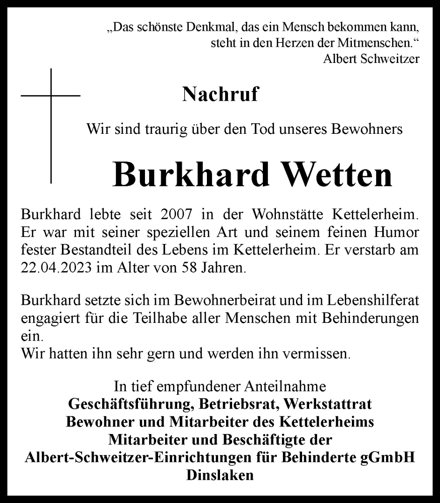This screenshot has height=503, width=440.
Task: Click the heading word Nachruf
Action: coord(221,94)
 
